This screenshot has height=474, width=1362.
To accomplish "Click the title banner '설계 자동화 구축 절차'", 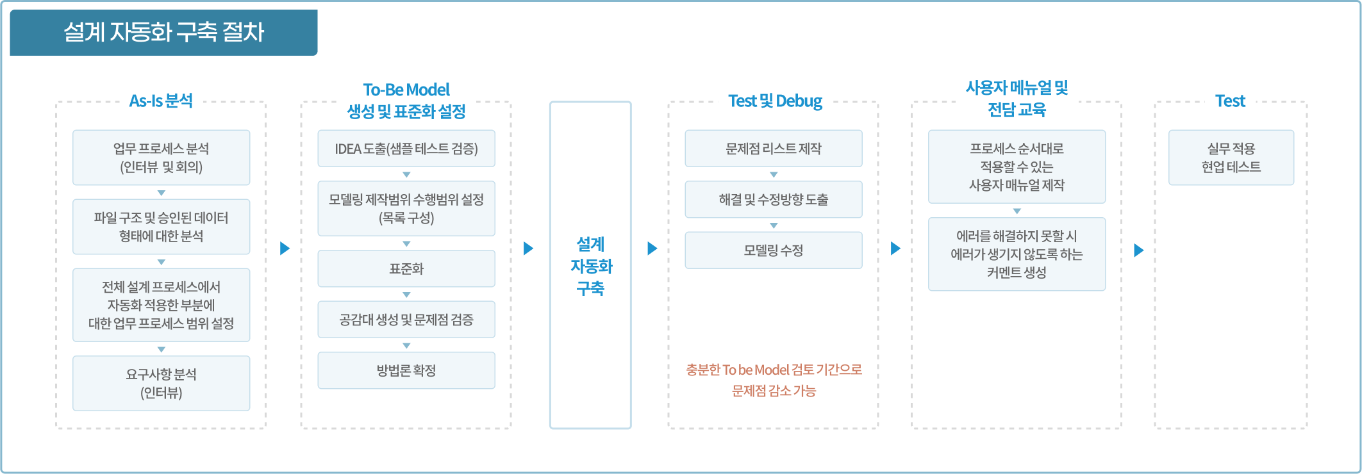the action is [x=163, y=32].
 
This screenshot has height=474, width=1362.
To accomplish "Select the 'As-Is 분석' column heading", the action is [x=161, y=101].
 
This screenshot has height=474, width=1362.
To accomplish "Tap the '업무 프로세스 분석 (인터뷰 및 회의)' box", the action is [x=162, y=158].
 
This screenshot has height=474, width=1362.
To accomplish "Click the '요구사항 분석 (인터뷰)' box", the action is [x=162, y=383].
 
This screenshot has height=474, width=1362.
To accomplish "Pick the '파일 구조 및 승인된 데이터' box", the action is [x=162, y=227].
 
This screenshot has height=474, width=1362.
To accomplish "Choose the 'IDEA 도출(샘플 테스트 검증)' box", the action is [x=406, y=149].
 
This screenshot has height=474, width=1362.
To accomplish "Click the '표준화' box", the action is [x=406, y=268].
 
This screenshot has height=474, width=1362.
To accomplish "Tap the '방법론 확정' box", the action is [x=406, y=370].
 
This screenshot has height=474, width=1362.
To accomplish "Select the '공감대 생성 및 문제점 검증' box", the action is [x=406, y=320].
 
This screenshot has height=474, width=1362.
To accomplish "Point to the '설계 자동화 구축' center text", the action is [x=590, y=266].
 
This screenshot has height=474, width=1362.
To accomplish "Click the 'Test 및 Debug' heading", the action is [x=775, y=101].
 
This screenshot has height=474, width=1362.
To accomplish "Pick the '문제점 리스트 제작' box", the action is [x=774, y=149].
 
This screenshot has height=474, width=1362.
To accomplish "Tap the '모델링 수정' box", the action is [x=774, y=250].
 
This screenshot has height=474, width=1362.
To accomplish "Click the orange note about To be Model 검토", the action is [x=774, y=380].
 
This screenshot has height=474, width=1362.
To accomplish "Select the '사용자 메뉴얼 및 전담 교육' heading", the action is [x=1017, y=99].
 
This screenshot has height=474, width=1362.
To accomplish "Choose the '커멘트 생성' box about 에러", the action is [x=1017, y=254].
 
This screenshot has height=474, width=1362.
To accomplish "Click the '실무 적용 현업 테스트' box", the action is [x=1231, y=158].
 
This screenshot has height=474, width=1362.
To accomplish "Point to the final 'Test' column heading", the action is [x=1230, y=101].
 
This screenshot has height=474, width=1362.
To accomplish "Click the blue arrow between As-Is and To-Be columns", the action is [x=285, y=249].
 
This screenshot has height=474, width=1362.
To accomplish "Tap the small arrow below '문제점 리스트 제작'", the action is [x=774, y=174].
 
